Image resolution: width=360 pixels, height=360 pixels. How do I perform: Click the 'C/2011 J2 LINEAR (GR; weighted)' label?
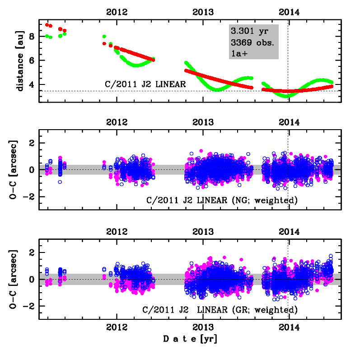click(x=220, y=310)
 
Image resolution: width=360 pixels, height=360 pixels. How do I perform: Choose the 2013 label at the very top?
click(x=203, y=12)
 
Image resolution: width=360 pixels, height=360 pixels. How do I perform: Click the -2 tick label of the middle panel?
click(x=30, y=197)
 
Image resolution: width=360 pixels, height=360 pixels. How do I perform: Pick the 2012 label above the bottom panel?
click(x=117, y=231)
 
